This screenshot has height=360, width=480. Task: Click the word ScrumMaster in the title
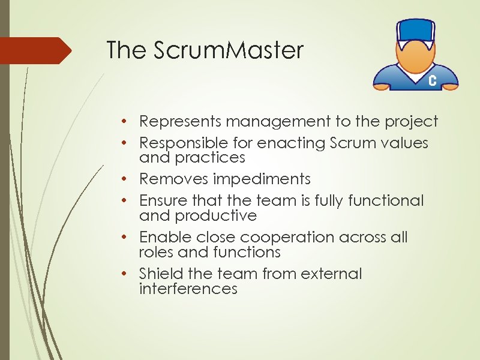229,50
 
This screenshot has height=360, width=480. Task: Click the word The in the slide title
125,50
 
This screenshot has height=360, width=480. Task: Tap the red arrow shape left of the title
36,50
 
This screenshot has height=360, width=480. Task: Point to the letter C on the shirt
432,81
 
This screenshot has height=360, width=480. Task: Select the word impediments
265,179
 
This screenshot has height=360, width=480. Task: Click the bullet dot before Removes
122,179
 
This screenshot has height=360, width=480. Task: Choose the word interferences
188,289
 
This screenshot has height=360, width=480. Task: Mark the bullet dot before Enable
122,237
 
